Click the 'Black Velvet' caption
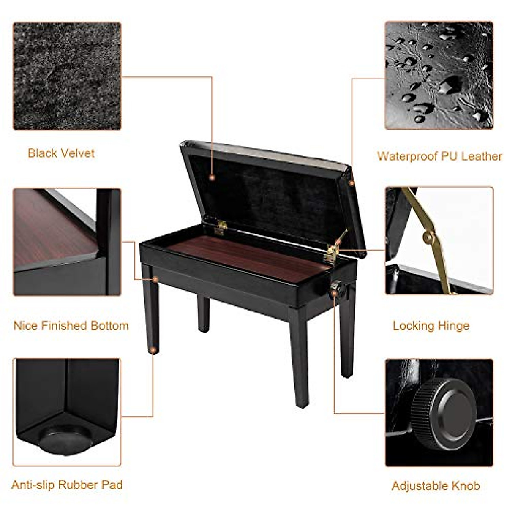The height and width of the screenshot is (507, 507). [61, 153]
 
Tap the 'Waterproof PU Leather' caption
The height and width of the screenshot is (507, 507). [439, 156]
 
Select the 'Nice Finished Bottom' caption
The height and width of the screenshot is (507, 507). [71, 326]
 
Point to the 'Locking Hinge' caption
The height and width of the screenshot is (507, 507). [431, 326]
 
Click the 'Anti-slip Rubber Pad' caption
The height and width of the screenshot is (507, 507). [67, 485]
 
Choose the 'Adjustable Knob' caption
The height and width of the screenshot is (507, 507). [436, 486]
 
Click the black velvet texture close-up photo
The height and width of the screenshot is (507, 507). [67, 76]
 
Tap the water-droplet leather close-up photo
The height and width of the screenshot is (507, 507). [439, 75]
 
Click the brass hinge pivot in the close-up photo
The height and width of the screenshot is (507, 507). [429, 237]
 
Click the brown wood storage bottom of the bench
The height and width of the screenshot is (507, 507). [249, 257]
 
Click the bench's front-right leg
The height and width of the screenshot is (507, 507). [300, 359]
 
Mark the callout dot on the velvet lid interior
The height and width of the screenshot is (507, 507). [212, 178]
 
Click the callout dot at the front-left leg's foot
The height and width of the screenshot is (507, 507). [153, 350]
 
